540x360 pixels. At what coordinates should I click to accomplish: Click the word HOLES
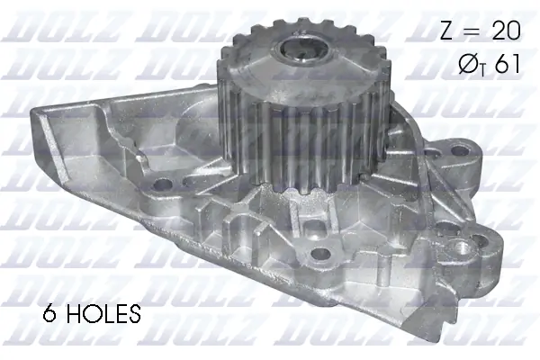coord(102,314)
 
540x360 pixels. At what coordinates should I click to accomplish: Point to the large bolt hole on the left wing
coord(162,186)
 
